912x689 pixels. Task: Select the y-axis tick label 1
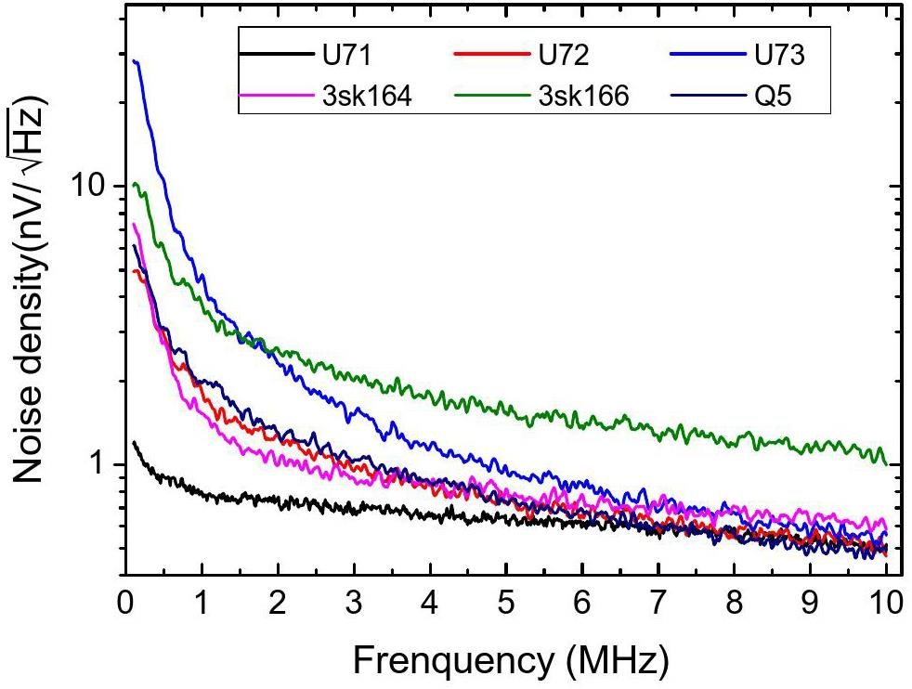(100, 465)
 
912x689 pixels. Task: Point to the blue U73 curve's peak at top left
(136, 61)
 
